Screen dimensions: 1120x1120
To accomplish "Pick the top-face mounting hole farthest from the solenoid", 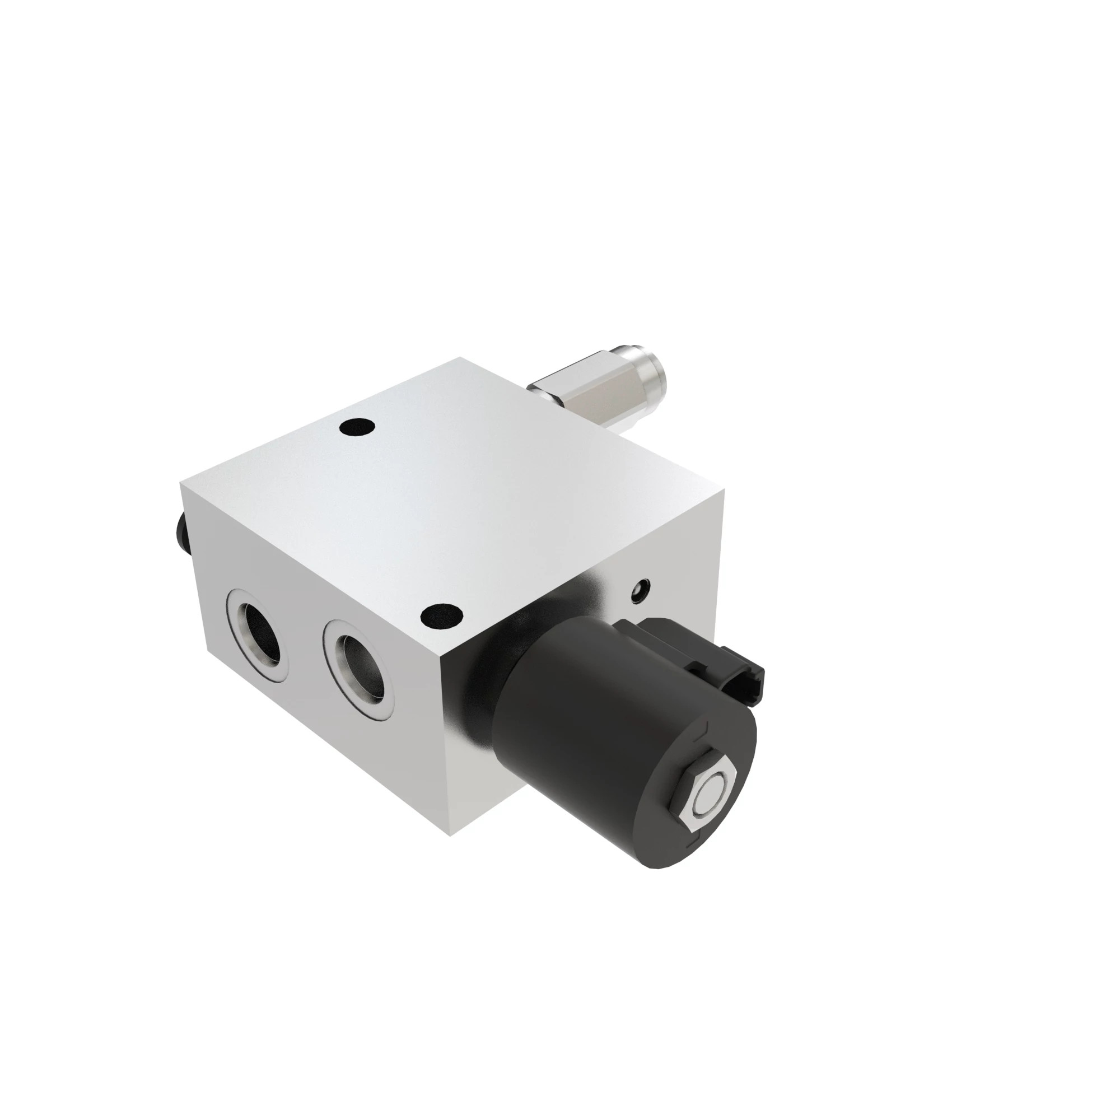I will tap(356, 428).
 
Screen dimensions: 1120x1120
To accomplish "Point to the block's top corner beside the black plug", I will tap(181, 486).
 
